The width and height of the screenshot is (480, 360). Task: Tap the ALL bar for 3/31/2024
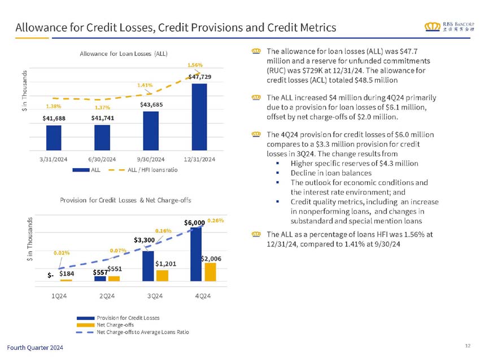pos(54,138)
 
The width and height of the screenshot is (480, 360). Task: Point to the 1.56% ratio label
pos(195,65)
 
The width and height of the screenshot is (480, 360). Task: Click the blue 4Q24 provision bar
pos(195,254)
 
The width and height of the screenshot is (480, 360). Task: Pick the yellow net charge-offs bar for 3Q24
pos(162,275)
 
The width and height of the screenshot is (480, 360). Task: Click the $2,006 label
pos(211,258)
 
